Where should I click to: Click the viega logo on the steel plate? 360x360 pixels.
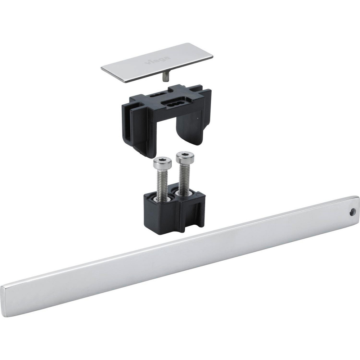[x=158, y=59]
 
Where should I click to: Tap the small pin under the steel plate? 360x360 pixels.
[x=165, y=76]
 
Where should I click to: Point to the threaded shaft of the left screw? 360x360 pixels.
[x=162, y=181]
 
